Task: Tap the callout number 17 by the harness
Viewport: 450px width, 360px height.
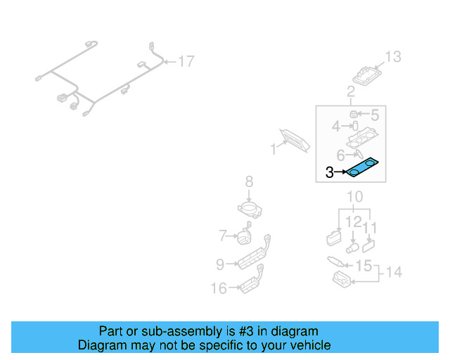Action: pyautogui.click(x=185, y=62)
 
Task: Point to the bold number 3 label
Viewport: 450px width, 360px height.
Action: pyautogui.click(x=330, y=172)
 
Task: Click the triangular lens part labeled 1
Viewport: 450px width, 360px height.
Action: pyautogui.click(x=296, y=140)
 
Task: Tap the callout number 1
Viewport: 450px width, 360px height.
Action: pyautogui.click(x=274, y=149)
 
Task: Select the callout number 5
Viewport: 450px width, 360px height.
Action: pyautogui.click(x=374, y=115)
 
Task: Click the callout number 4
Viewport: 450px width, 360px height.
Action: pyautogui.click(x=336, y=127)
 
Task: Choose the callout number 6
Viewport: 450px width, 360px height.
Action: pyautogui.click(x=340, y=155)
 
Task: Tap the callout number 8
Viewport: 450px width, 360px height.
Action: pyautogui.click(x=249, y=184)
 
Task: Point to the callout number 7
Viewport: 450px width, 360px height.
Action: pyautogui.click(x=222, y=235)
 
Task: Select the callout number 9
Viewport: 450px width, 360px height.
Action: pyautogui.click(x=220, y=264)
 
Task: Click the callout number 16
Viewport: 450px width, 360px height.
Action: pyautogui.click(x=219, y=288)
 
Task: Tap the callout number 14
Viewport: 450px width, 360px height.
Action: pyautogui.click(x=394, y=271)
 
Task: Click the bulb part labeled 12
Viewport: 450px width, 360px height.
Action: pyautogui.click(x=352, y=247)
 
